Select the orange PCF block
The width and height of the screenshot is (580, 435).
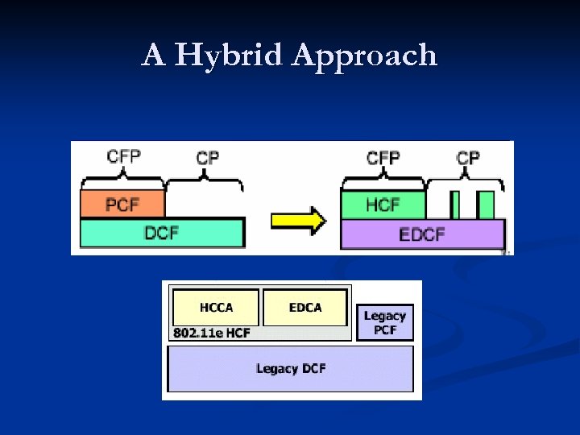pyautogui.click(x=122, y=205)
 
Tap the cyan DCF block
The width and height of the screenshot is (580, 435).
pyautogui.click(x=161, y=234)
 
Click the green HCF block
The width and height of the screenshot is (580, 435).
pyautogui.click(x=383, y=205)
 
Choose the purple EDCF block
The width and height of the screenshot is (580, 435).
pyautogui.click(x=423, y=234)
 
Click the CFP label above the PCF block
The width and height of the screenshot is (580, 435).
pyautogui.click(x=123, y=156)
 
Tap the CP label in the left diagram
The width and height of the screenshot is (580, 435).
pyautogui.click(x=208, y=157)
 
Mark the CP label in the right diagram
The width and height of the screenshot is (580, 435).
pyautogui.click(x=468, y=157)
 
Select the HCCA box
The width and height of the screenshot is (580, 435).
pyautogui.click(x=216, y=308)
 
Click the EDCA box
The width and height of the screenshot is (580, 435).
pyautogui.click(x=305, y=308)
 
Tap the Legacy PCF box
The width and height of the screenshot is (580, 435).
pyautogui.click(x=385, y=322)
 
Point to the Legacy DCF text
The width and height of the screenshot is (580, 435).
pyautogui.click(x=291, y=369)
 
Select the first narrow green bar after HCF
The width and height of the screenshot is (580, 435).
pyautogui.click(x=455, y=205)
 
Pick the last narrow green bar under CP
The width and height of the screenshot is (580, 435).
pyautogui.click(x=485, y=205)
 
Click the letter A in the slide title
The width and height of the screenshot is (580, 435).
pyautogui.click(x=152, y=56)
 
